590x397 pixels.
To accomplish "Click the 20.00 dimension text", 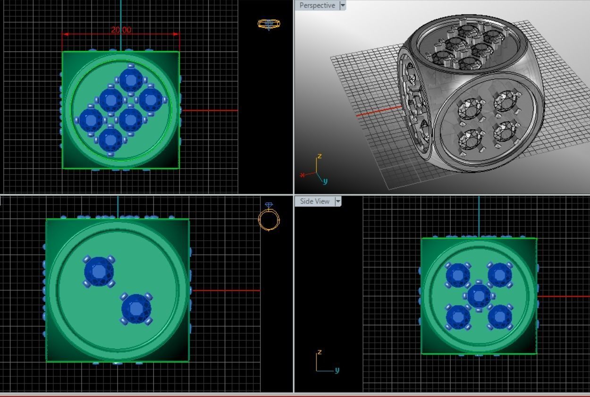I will (x=121, y=30).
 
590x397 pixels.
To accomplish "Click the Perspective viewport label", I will (x=317, y=6).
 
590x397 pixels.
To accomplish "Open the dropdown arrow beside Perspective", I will (x=343, y=6).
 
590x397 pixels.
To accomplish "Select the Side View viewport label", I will (x=314, y=201).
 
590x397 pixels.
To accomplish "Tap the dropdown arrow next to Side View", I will (x=337, y=201).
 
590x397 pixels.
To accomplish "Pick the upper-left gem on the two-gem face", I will (x=99, y=271).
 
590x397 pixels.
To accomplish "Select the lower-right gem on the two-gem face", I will (x=136, y=309).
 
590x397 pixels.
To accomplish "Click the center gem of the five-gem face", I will (x=479, y=296).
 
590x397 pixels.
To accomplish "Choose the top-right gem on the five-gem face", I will (x=500, y=275).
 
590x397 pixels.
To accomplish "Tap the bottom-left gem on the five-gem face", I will (x=458, y=317).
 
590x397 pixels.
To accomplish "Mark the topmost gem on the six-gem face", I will (x=131, y=80).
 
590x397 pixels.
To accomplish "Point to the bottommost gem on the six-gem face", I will (x=111, y=140).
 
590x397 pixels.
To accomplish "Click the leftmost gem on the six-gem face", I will (x=91, y=120).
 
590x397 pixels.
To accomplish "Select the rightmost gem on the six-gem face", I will (x=151, y=100).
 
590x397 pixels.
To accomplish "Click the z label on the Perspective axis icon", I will (x=320, y=156).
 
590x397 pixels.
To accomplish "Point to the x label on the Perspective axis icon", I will (x=302, y=175).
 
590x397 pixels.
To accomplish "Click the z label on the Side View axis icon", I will (x=320, y=352).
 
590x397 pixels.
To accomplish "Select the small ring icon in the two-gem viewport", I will (x=269, y=218).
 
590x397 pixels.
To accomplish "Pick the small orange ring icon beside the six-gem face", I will (x=269, y=24).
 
